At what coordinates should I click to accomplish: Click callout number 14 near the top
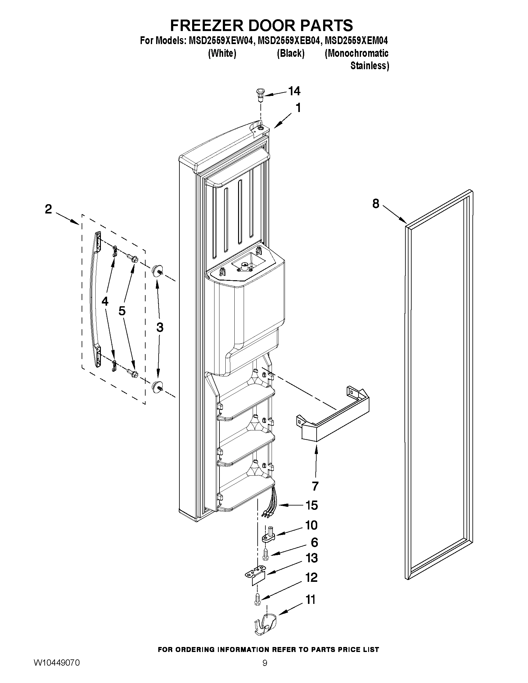click(294, 91)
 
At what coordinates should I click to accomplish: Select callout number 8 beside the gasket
click(376, 204)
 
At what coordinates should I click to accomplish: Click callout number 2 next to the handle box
click(48, 209)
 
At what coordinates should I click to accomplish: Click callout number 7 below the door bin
click(315, 486)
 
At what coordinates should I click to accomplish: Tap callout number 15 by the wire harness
click(312, 505)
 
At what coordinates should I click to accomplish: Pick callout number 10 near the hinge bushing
click(311, 525)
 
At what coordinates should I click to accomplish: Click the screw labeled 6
click(265, 554)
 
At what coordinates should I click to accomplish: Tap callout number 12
click(311, 577)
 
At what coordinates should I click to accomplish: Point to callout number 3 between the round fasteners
click(160, 327)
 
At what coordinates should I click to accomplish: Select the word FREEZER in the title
click(206, 25)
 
